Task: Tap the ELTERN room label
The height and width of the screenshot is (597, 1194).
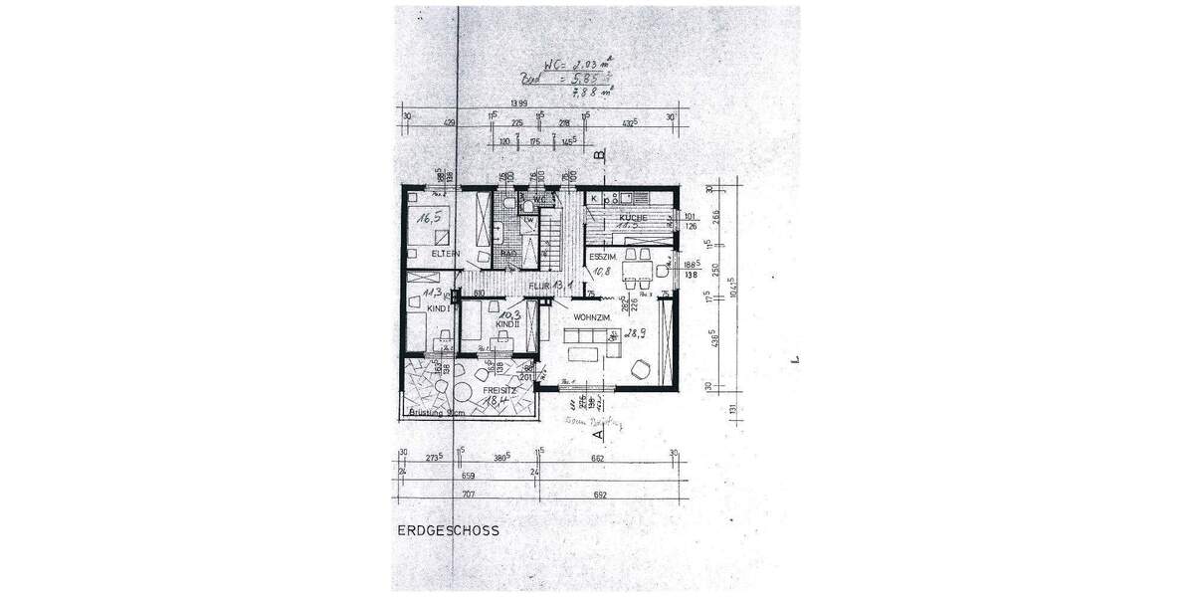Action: (446, 255)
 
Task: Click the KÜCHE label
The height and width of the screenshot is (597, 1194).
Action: (633, 217)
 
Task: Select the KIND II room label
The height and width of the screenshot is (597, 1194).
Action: (507, 323)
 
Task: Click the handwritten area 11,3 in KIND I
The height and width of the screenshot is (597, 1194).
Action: (433, 293)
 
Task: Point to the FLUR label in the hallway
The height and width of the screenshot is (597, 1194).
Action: (539, 286)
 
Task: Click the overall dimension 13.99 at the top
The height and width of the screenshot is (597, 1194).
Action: (517, 103)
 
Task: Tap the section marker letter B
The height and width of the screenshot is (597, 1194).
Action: (599, 155)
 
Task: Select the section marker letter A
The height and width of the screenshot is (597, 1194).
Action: (598, 434)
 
